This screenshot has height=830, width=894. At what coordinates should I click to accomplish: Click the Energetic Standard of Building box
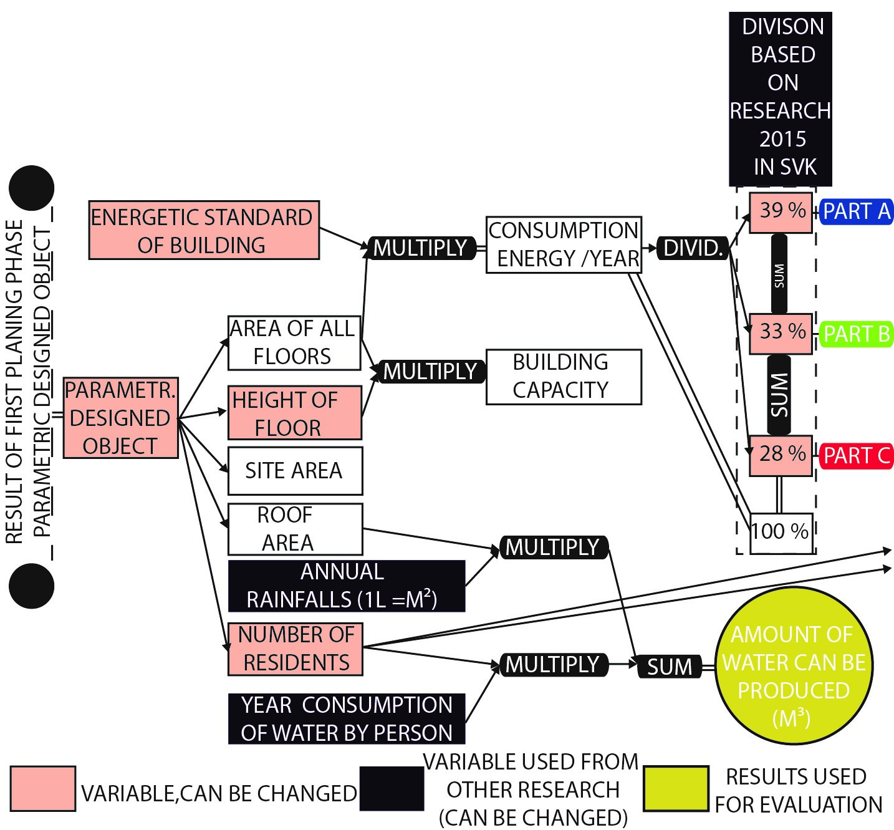[x=204, y=230]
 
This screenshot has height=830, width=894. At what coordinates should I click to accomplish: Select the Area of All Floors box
[x=294, y=342]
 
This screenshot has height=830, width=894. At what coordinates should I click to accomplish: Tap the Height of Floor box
[x=294, y=413]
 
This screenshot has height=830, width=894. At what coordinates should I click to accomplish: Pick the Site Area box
[x=294, y=470]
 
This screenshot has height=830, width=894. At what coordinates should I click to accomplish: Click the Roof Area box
[x=294, y=529]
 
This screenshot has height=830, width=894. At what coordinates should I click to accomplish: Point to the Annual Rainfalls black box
[x=346, y=586]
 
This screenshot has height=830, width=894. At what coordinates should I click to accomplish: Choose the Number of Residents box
[x=295, y=649]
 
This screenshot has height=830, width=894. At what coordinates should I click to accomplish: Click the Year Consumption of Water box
[x=346, y=718]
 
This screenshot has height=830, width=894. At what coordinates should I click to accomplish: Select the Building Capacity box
[x=563, y=377]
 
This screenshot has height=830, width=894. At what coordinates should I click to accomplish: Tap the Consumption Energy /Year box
[x=563, y=244]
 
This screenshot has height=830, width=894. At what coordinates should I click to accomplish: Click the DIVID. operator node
[x=693, y=248]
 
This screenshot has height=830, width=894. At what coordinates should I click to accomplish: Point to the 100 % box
[x=781, y=532]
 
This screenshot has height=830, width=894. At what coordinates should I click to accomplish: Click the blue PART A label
[x=855, y=212]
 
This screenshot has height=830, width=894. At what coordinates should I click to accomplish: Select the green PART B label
[x=855, y=334]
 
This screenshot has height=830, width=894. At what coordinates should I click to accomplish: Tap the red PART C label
[x=855, y=456]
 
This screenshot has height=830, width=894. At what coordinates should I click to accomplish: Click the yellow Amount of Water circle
[x=794, y=665]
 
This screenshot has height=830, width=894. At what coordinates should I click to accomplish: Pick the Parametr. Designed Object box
[x=120, y=418]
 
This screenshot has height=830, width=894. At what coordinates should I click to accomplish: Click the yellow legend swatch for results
[x=676, y=788]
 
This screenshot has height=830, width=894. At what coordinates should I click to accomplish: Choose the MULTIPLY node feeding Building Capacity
[x=430, y=372]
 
